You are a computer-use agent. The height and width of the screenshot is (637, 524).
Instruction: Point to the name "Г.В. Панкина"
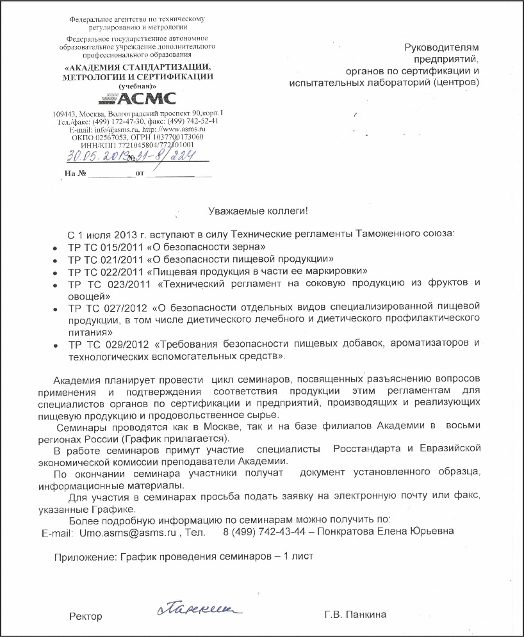pyautogui.click(x=355, y=615)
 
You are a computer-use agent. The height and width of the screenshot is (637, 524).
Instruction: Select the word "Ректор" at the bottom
pyautogui.click(x=86, y=616)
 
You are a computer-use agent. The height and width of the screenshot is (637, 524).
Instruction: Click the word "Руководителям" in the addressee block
pyautogui.click(x=441, y=47)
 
